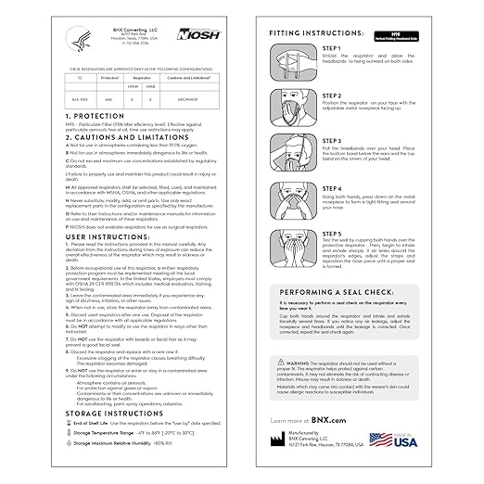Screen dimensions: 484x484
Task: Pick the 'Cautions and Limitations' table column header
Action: coord(185,79)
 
